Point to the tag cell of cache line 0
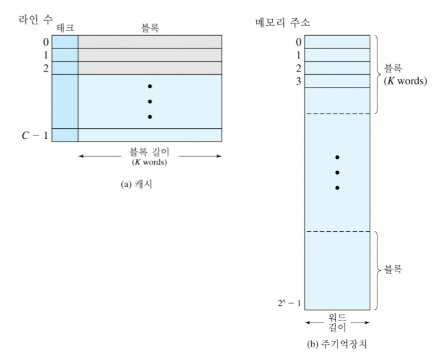(x=65, y=42)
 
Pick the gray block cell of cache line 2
(x=150, y=68)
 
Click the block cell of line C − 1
(x=150, y=135)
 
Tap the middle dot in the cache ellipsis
(x=150, y=101)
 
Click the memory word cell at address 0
(x=337, y=42)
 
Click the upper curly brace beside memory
(x=377, y=75)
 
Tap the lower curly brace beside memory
(x=377, y=270)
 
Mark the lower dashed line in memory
(x=337, y=231)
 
